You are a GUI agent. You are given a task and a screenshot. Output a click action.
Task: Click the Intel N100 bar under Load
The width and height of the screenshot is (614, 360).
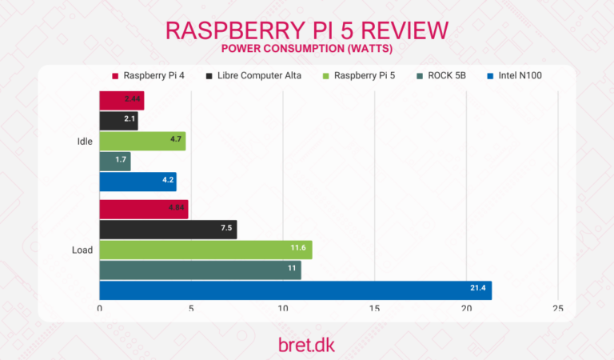pos(295,290)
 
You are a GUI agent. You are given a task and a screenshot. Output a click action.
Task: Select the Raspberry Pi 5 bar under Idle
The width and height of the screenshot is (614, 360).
pos(142,142)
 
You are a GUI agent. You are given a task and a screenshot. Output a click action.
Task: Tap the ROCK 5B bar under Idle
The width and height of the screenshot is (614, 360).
pos(115,162)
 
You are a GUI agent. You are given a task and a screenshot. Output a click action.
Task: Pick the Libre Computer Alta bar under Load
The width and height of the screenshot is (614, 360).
pos(168,230)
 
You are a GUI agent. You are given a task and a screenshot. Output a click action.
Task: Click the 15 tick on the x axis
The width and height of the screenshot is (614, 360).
pos(374,309)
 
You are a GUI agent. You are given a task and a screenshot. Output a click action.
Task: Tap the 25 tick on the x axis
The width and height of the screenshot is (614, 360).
pos(557,309)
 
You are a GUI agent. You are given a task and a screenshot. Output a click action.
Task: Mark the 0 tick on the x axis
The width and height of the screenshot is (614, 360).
pos(100,309)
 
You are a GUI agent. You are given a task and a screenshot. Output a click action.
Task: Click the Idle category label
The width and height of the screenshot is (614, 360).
pos(83,142)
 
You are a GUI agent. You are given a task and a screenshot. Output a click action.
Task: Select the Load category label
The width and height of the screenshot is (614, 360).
pos(82,250)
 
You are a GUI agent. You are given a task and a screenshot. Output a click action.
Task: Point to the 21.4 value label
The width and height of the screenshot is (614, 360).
pos(476,290)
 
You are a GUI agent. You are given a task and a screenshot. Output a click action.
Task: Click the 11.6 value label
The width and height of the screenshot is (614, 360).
pos(298,250)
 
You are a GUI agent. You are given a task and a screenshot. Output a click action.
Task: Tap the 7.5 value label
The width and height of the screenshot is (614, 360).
pos(226,230)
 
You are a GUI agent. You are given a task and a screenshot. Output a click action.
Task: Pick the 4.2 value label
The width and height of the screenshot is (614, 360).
pos(167,182)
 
